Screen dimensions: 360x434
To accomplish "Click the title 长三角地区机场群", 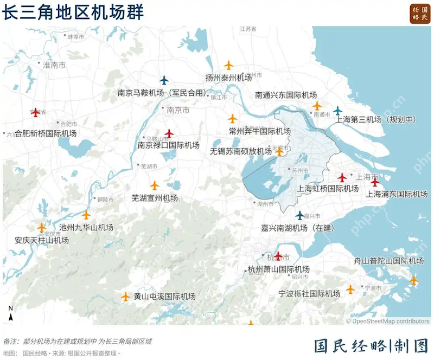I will point(73,12).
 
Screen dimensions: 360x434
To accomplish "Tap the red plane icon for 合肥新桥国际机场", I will point(36,112).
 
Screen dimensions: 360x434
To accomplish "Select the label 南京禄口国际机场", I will point(168,145).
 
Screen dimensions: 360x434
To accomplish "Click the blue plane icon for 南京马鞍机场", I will point(164,80).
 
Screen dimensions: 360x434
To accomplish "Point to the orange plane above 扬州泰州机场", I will point(228,66).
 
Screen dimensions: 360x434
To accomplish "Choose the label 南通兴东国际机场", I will point(286,95).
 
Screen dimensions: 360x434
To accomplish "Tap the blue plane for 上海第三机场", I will point(338,111).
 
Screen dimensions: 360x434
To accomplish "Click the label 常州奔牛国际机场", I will point(260,131).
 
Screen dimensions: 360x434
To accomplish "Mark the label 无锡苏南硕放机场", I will point(241,151).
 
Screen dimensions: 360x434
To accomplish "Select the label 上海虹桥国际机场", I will point(328,189).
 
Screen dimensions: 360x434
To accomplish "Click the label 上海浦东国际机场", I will point(397,194).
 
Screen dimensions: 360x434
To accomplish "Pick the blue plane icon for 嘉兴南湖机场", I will point(299,215).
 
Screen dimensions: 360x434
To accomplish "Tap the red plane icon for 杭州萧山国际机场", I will point(278,255).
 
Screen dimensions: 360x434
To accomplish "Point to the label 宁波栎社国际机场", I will point(309,294).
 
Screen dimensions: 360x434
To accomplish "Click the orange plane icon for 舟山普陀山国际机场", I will point(414,280).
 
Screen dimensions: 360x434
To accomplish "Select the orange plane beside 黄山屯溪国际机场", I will point(126,297).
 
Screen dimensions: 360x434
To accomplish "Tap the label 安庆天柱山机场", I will point(42,240).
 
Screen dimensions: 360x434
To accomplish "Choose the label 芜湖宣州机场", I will point(155,198).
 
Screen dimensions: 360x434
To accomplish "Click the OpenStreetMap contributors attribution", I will point(389,321).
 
